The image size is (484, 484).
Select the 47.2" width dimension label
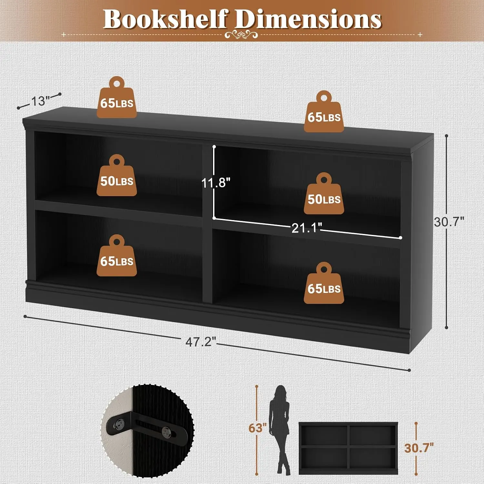[x=200, y=341]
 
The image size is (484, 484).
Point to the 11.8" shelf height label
[x=216, y=183]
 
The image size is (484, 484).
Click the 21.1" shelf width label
[x=307, y=228]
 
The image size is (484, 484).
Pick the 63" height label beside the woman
[x=257, y=428]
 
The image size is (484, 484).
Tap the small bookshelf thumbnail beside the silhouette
[x=348, y=448]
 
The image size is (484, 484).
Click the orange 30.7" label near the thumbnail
[x=419, y=448]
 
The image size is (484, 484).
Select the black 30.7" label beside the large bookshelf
[x=449, y=222]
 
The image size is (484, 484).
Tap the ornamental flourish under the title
[x=241, y=34]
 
